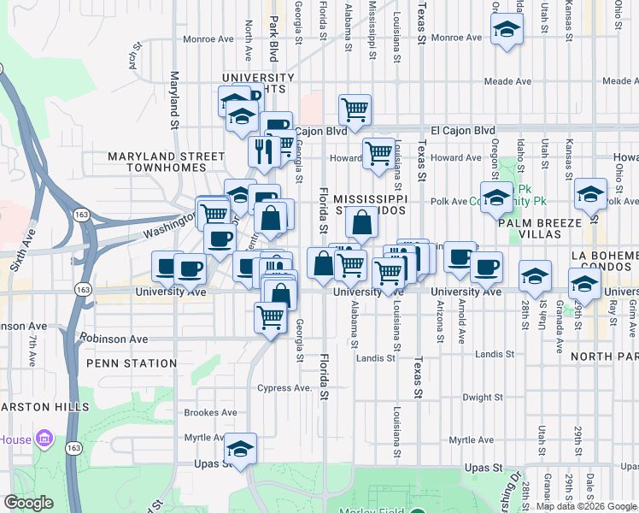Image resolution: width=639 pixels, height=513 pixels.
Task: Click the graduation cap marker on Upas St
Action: click(x=241, y=449)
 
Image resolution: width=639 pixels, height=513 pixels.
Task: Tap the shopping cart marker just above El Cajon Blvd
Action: click(x=355, y=109)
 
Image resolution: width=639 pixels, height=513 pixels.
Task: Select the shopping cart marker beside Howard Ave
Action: click(x=378, y=154)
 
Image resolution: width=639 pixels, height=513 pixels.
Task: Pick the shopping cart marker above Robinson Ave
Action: click(x=271, y=318)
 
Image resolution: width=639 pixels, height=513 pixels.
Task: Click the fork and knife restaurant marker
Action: click(x=264, y=152)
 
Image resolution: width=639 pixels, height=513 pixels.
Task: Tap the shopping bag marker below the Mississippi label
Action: click(x=362, y=223)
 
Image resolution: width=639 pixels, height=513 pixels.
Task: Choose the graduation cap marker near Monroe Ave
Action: click(x=507, y=30)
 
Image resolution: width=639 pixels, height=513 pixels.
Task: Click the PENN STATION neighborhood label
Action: click(x=132, y=363)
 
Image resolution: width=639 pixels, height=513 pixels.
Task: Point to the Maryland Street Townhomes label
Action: click(x=166, y=163)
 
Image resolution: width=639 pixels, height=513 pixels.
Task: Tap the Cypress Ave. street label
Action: click(x=286, y=387)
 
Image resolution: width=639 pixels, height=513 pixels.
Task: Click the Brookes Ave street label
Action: click(x=210, y=412)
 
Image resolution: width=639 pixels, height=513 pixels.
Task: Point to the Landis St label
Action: click(x=376, y=358)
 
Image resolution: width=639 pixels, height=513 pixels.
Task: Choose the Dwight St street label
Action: click(x=483, y=398)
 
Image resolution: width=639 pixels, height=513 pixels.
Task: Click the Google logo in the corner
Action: click(x=28, y=504)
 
